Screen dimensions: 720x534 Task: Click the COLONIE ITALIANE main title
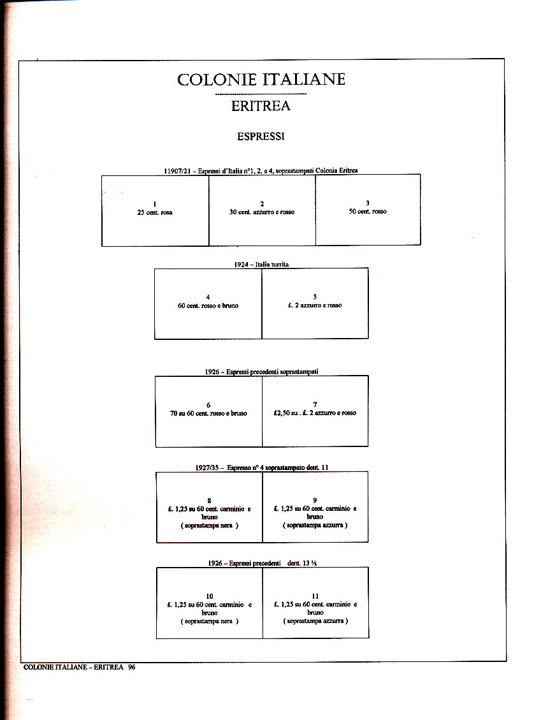tap(261, 80)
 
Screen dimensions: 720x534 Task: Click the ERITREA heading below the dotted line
tap(261, 107)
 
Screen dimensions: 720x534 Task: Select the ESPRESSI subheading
tap(261, 136)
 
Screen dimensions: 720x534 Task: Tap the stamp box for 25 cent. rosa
tap(155, 210)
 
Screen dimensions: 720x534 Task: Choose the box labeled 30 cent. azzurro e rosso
tap(262, 210)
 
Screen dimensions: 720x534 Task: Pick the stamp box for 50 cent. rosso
tap(368, 210)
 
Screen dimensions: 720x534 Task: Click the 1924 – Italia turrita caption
tap(261, 264)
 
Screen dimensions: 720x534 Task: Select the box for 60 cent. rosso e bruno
tap(208, 304)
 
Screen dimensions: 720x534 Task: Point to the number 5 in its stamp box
tap(315, 297)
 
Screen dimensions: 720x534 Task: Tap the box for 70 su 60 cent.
tap(208, 411)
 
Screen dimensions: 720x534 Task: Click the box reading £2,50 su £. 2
tap(315, 411)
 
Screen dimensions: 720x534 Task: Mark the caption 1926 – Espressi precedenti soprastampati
tap(262, 372)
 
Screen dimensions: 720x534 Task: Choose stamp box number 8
tap(209, 507)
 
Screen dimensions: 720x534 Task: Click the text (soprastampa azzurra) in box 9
tap(315, 525)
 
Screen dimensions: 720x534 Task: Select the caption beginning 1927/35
tap(262, 467)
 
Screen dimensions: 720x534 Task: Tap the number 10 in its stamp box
tap(210, 596)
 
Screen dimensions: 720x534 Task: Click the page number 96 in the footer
tap(131, 667)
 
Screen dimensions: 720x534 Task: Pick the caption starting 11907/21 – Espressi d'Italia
tap(261, 170)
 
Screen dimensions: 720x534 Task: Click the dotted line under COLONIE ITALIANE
tap(261, 94)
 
